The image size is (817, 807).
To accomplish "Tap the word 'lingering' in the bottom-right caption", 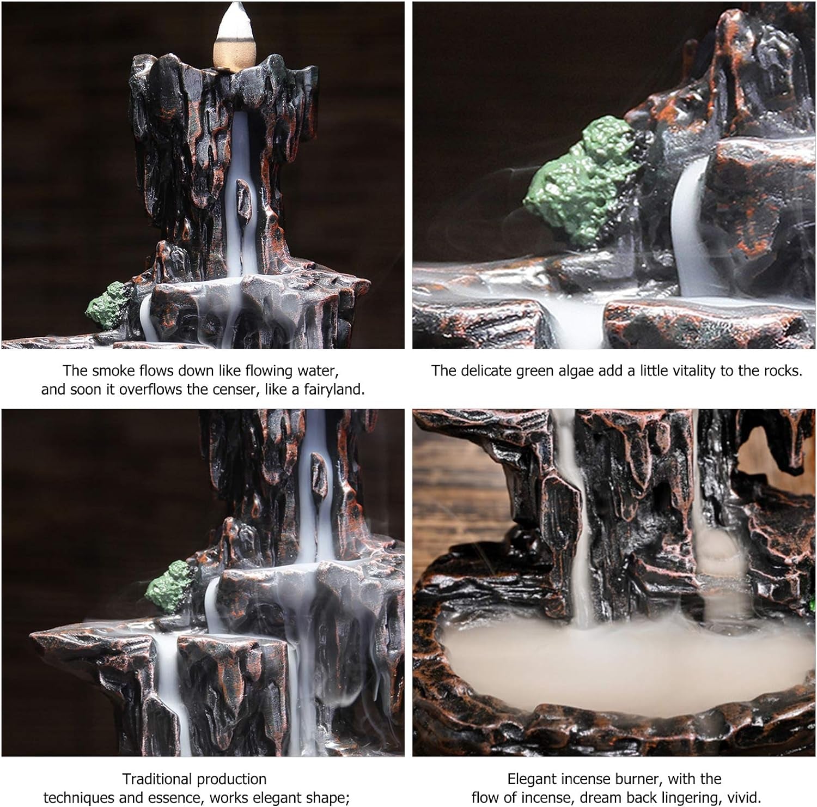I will point(683,798).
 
